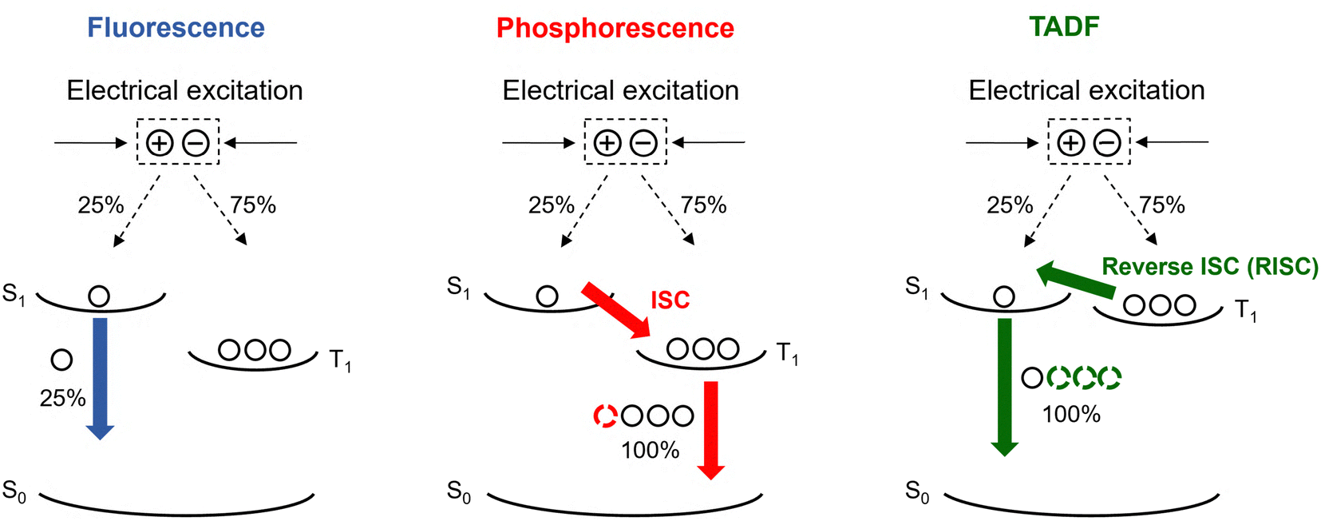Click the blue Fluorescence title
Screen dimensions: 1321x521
[x=176, y=28]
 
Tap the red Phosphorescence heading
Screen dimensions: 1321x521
[x=615, y=28]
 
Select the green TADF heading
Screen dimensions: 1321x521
[x=1064, y=26]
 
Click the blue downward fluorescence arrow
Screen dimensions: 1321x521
[x=101, y=379]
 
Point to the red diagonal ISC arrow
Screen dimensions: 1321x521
[x=615, y=310]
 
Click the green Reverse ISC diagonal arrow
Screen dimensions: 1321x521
[x=1076, y=280]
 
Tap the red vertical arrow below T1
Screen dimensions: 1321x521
[x=711, y=431]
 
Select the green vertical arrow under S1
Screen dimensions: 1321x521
[x=1004, y=388]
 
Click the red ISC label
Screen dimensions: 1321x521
[x=670, y=300]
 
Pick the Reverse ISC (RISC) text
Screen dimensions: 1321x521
[x=1209, y=267]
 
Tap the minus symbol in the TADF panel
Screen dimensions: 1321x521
[x=1108, y=143]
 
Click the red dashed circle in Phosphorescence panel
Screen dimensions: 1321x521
[x=606, y=416]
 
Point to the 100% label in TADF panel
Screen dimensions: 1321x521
[x=1071, y=415]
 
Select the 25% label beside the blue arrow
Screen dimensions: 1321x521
[x=62, y=398]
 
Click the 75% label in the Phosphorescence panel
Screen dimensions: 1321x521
[x=703, y=205]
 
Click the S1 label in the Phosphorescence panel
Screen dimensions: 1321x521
[x=459, y=287]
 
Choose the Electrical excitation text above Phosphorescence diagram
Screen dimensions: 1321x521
[x=620, y=90]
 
